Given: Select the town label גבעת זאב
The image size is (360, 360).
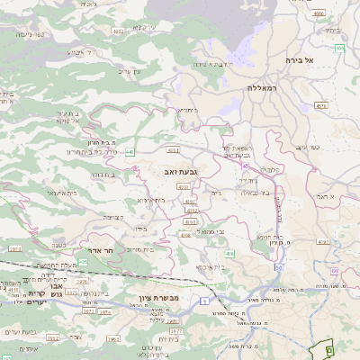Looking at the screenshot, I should click(x=180, y=170).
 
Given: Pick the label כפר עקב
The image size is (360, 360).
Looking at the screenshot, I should click(x=308, y=147).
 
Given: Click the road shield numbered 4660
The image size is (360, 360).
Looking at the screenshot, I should click(x=319, y=13).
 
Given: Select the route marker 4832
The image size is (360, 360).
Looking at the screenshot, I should click(x=119, y=31).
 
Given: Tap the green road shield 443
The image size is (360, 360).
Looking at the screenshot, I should click(x=130, y=152).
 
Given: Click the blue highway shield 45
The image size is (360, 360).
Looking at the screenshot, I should click(x=245, y=165).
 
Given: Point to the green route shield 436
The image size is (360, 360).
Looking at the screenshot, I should click(x=229, y=255).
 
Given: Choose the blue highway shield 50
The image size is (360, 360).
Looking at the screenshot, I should click(x=279, y=267).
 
